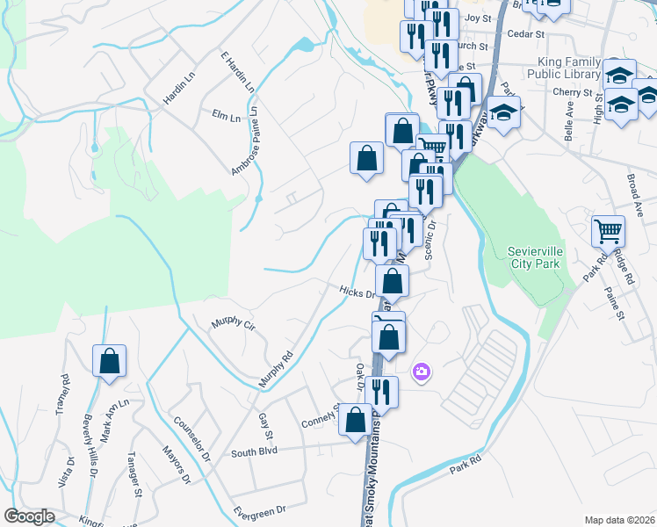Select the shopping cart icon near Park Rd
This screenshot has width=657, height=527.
coord(608,232)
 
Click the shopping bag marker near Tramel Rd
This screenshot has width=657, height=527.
coord(109,362)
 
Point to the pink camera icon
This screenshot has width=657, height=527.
coord(422,372)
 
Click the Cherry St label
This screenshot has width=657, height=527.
coord(569,91)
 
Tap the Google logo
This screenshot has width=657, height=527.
coord(29,516)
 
